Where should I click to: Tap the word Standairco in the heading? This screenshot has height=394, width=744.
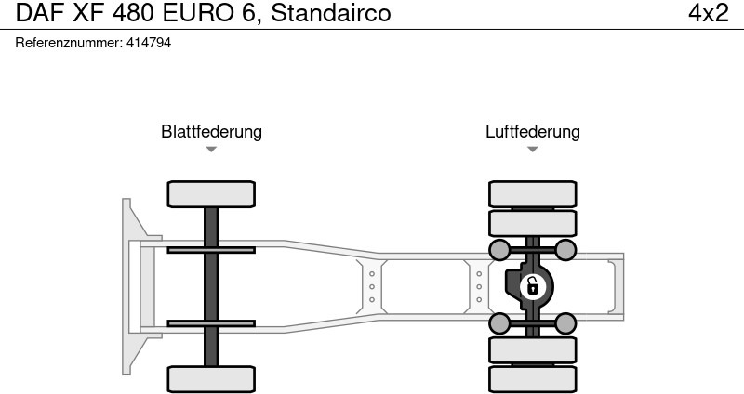(x=331, y=13)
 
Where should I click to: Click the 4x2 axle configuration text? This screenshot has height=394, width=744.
(x=708, y=13)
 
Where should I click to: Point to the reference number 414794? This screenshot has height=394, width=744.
(x=148, y=44)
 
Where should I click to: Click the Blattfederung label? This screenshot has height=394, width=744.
(x=211, y=131)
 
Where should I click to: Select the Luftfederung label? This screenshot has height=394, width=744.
(x=532, y=131)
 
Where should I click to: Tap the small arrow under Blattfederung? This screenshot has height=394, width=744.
(x=211, y=149)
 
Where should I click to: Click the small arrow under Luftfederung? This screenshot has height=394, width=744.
(x=532, y=149)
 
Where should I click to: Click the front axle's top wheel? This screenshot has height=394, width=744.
(x=211, y=193)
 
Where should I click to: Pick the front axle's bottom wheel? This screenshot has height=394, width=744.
(x=211, y=379)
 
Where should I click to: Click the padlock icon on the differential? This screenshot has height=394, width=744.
(x=532, y=286)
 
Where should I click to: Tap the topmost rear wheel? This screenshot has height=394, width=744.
(x=532, y=193)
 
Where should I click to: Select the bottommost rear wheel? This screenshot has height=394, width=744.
(x=532, y=379)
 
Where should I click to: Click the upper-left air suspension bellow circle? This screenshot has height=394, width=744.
(x=499, y=249)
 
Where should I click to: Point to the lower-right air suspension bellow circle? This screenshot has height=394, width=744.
(x=565, y=323)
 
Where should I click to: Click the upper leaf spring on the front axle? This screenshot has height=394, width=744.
(x=211, y=249)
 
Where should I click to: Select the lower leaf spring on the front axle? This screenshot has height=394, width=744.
(x=211, y=323)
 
